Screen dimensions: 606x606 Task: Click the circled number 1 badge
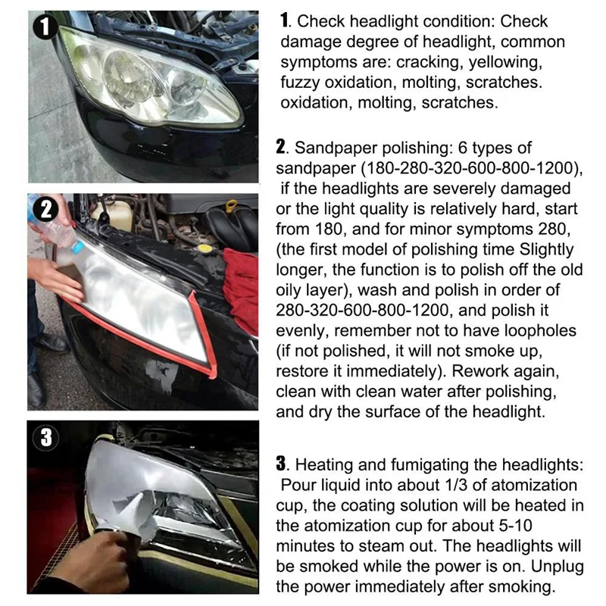(46, 28)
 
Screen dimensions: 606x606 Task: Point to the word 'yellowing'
(505, 61)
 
